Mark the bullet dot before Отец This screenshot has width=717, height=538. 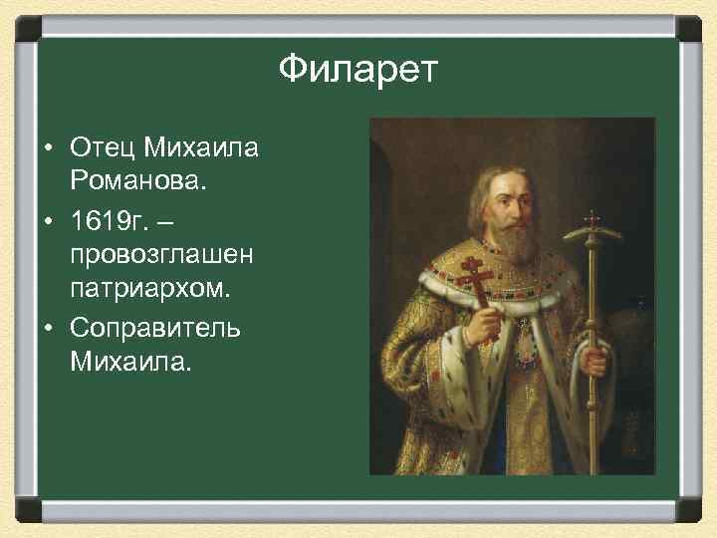pyautogui.click(x=48, y=149)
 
